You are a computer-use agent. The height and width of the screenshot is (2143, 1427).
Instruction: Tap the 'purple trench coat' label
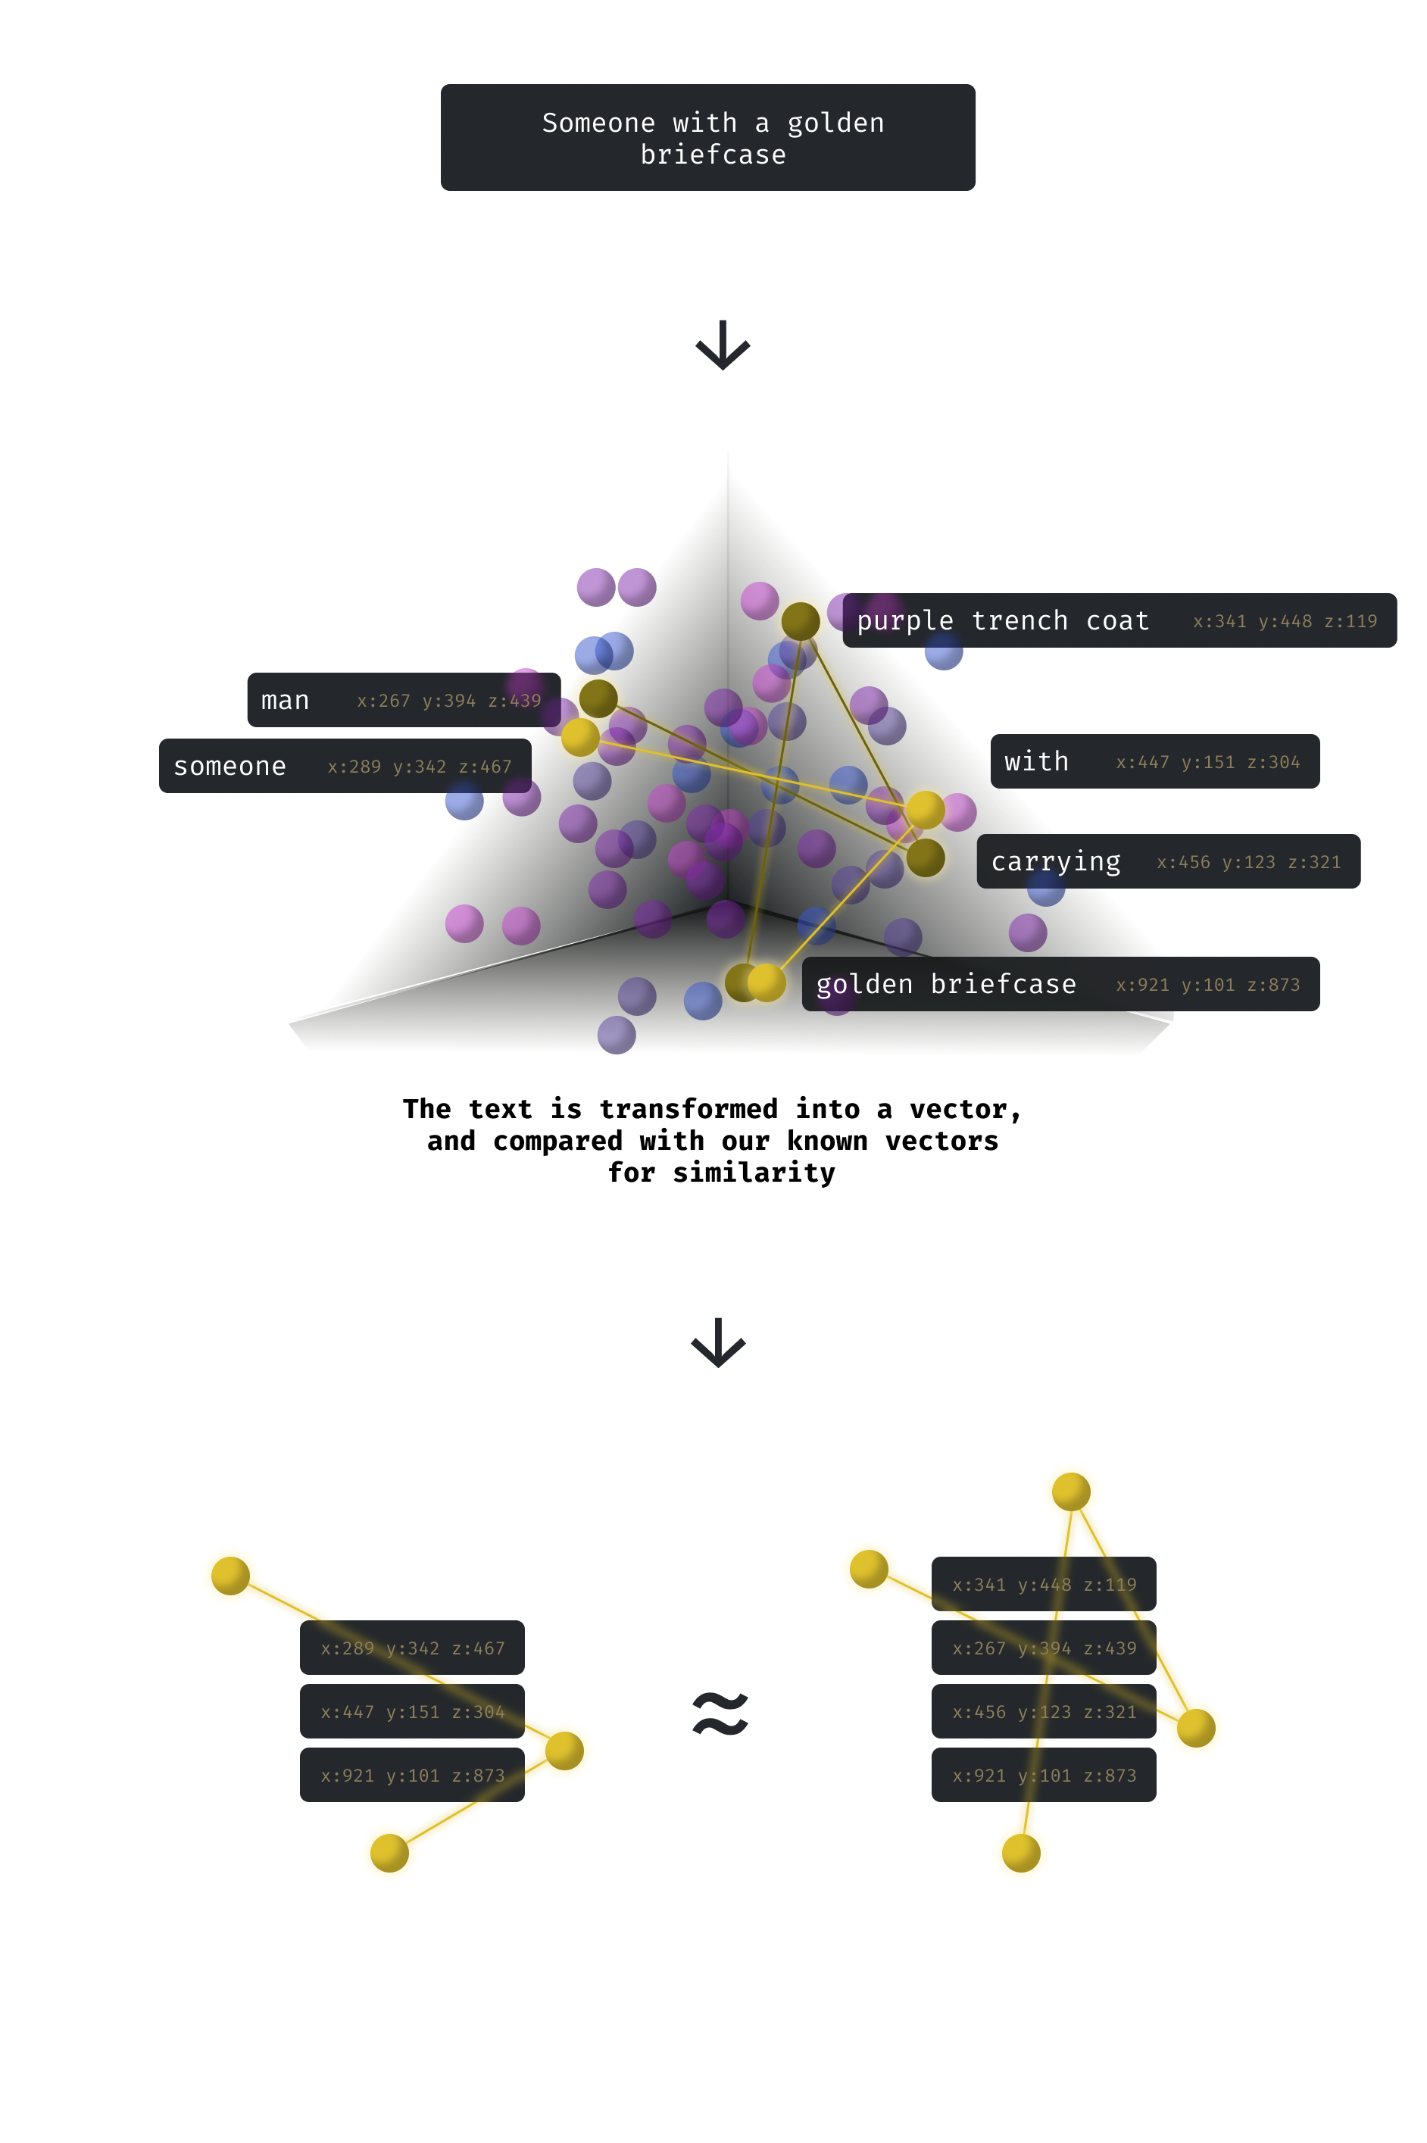(1002, 620)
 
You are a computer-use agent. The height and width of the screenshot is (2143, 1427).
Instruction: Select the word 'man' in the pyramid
(285, 701)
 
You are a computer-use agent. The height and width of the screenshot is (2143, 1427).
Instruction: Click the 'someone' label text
(230, 766)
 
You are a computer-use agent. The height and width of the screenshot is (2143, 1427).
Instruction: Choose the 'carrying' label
(1055, 862)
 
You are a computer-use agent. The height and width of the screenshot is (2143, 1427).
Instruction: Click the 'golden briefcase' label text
(945, 984)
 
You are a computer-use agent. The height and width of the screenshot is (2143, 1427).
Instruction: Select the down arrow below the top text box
(722, 345)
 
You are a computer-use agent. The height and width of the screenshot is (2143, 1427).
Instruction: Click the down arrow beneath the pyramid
(718, 1342)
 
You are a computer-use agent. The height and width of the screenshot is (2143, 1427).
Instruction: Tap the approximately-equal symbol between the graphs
(720, 1713)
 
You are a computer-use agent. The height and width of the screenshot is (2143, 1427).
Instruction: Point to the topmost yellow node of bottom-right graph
(1071, 1492)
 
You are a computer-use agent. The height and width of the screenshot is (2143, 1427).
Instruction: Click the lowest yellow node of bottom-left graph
(389, 1852)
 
